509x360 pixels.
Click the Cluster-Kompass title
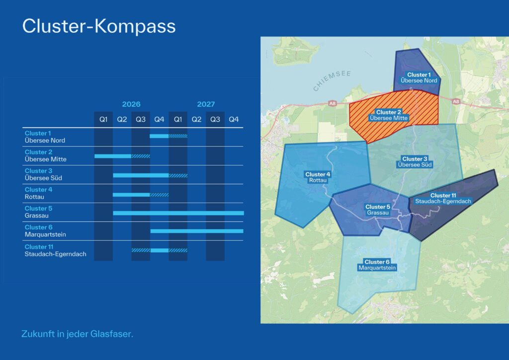pos(99,26)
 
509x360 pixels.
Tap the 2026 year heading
pos(131,104)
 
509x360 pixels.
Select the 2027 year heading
pos(206,104)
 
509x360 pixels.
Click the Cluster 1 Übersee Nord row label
pos(45,137)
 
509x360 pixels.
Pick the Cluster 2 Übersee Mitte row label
pos(45,156)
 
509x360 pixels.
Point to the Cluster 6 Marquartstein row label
pos(45,231)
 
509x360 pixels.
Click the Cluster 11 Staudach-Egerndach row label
pos(55,250)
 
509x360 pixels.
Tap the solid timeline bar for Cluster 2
pos(113,156)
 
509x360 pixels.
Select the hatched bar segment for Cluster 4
pos(159,194)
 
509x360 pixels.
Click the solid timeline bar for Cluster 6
pos(197,231)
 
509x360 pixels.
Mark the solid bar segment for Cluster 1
pos(159,136)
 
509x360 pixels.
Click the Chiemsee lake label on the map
pos(332,81)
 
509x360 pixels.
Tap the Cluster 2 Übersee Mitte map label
pos(389,115)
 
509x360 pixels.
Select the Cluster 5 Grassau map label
pos(377,210)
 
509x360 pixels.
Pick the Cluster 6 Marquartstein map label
pos(381,265)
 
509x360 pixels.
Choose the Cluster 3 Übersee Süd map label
pos(415,162)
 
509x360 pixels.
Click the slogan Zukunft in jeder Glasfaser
pos(77,334)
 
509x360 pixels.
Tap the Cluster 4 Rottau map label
pos(318,177)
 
